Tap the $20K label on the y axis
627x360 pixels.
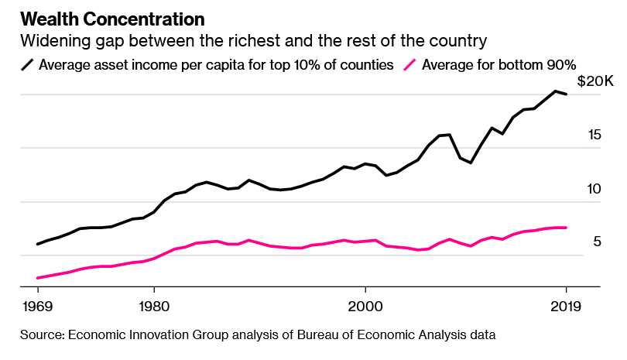point(594,82)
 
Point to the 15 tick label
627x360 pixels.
point(594,135)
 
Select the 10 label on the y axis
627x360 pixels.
point(594,189)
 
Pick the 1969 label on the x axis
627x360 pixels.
point(38,304)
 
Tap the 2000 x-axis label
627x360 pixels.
point(365,304)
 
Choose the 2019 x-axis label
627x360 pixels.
point(566,304)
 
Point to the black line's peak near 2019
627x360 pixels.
point(555,91)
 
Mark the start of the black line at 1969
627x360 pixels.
point(38,244)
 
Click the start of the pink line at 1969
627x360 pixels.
point(38,278)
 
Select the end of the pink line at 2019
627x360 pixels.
point(566,228)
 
